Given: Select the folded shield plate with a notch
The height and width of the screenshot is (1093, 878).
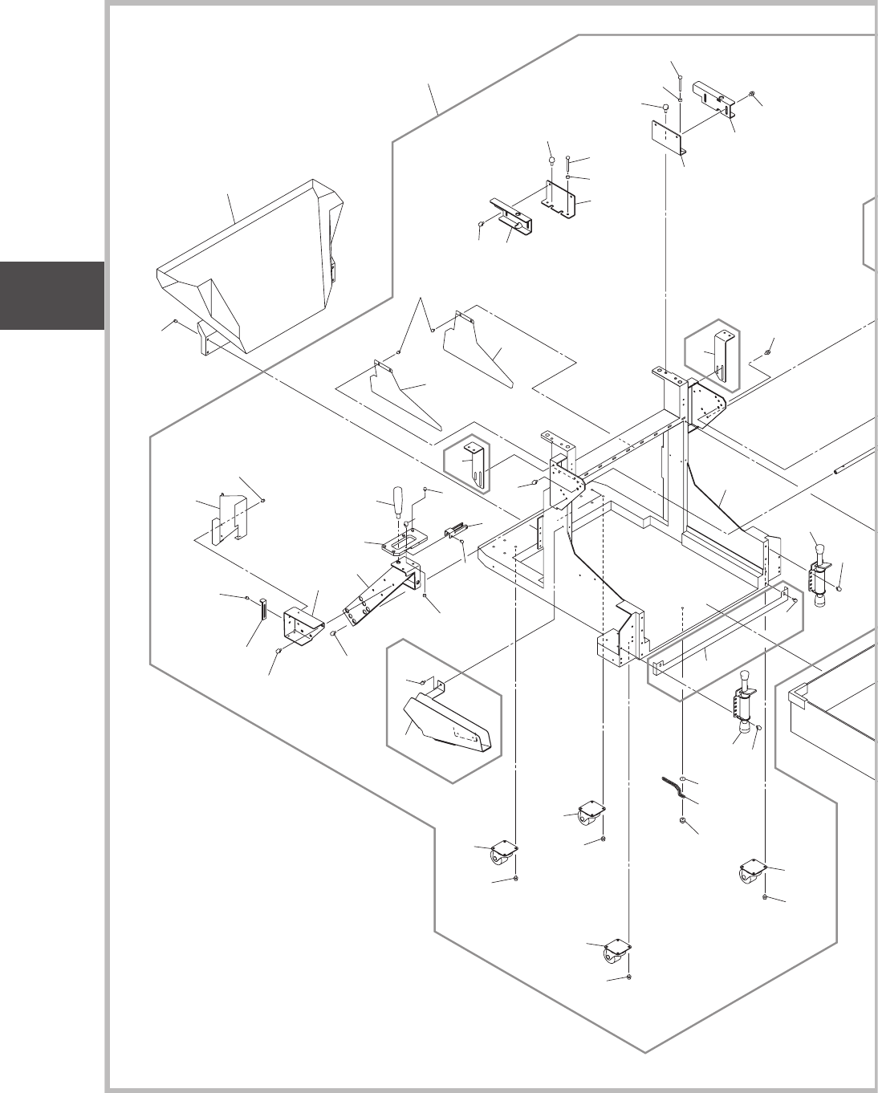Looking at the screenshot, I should tap(228, 522).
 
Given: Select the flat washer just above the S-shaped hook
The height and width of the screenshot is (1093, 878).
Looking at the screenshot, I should tap(681, 778).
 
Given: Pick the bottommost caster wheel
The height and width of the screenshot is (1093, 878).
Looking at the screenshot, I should tap(615, 953).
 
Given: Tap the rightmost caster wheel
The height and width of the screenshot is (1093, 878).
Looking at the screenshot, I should tap(753, 872).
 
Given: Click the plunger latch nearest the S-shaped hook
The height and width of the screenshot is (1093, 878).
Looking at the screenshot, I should tap(743, 698).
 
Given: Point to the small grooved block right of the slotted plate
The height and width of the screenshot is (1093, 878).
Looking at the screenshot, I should tap(455, 530).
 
